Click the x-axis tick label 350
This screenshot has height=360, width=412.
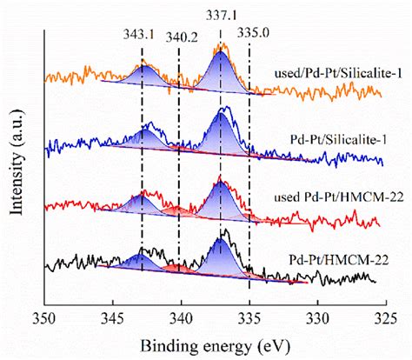(x=43, y=319)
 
